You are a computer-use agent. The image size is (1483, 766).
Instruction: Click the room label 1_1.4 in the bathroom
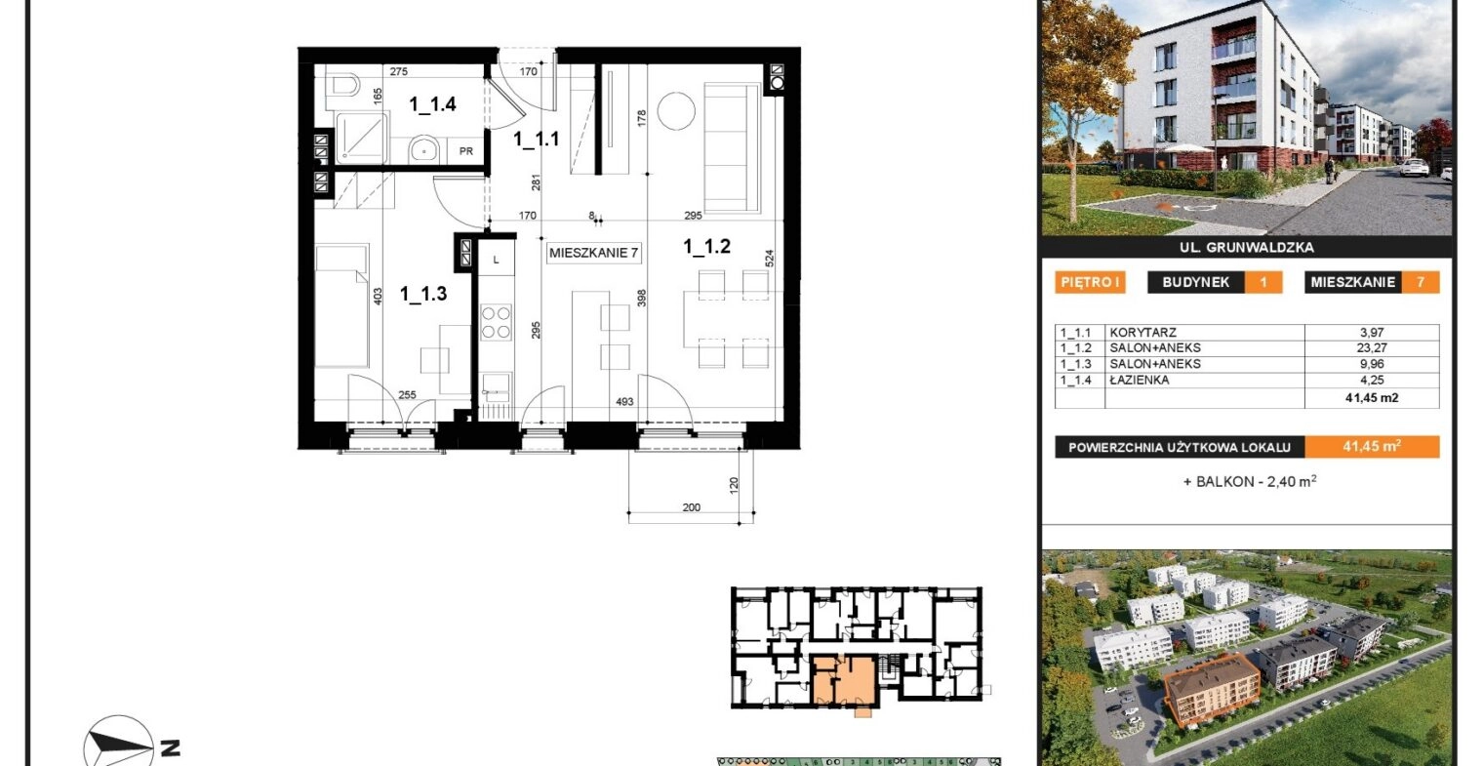(x=432, y=104)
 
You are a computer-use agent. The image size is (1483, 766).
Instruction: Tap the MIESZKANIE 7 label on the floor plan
(x=594, y=253)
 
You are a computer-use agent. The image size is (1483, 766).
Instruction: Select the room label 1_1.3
(x=423, y=294)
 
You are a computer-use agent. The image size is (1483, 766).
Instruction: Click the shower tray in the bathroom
(x=361, y=138)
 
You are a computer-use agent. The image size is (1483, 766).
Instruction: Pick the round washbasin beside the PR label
(x=423, y=149)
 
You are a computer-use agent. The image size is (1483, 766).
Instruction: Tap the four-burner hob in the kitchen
(x=496, y=322)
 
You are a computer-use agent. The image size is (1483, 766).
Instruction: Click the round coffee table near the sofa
(x=676, y=110)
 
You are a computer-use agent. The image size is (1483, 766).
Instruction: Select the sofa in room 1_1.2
(x=732, y=147)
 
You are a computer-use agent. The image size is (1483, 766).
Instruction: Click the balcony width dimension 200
(x=691, y=507)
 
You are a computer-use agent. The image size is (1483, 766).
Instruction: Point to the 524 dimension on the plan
(x=769, y=259)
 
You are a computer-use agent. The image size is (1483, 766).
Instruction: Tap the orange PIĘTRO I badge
(x=1090, y=283)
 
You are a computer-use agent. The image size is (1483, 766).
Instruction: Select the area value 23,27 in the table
(x=1371, y=348)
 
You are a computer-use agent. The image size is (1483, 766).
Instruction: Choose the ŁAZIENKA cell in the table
(x=1140, y=380)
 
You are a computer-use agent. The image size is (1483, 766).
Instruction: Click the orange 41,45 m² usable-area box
(x=1372, y=447)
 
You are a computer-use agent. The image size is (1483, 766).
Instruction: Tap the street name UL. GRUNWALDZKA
(x=1247, y=248)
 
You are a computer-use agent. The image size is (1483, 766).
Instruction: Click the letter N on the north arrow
(x=170, y=748)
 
